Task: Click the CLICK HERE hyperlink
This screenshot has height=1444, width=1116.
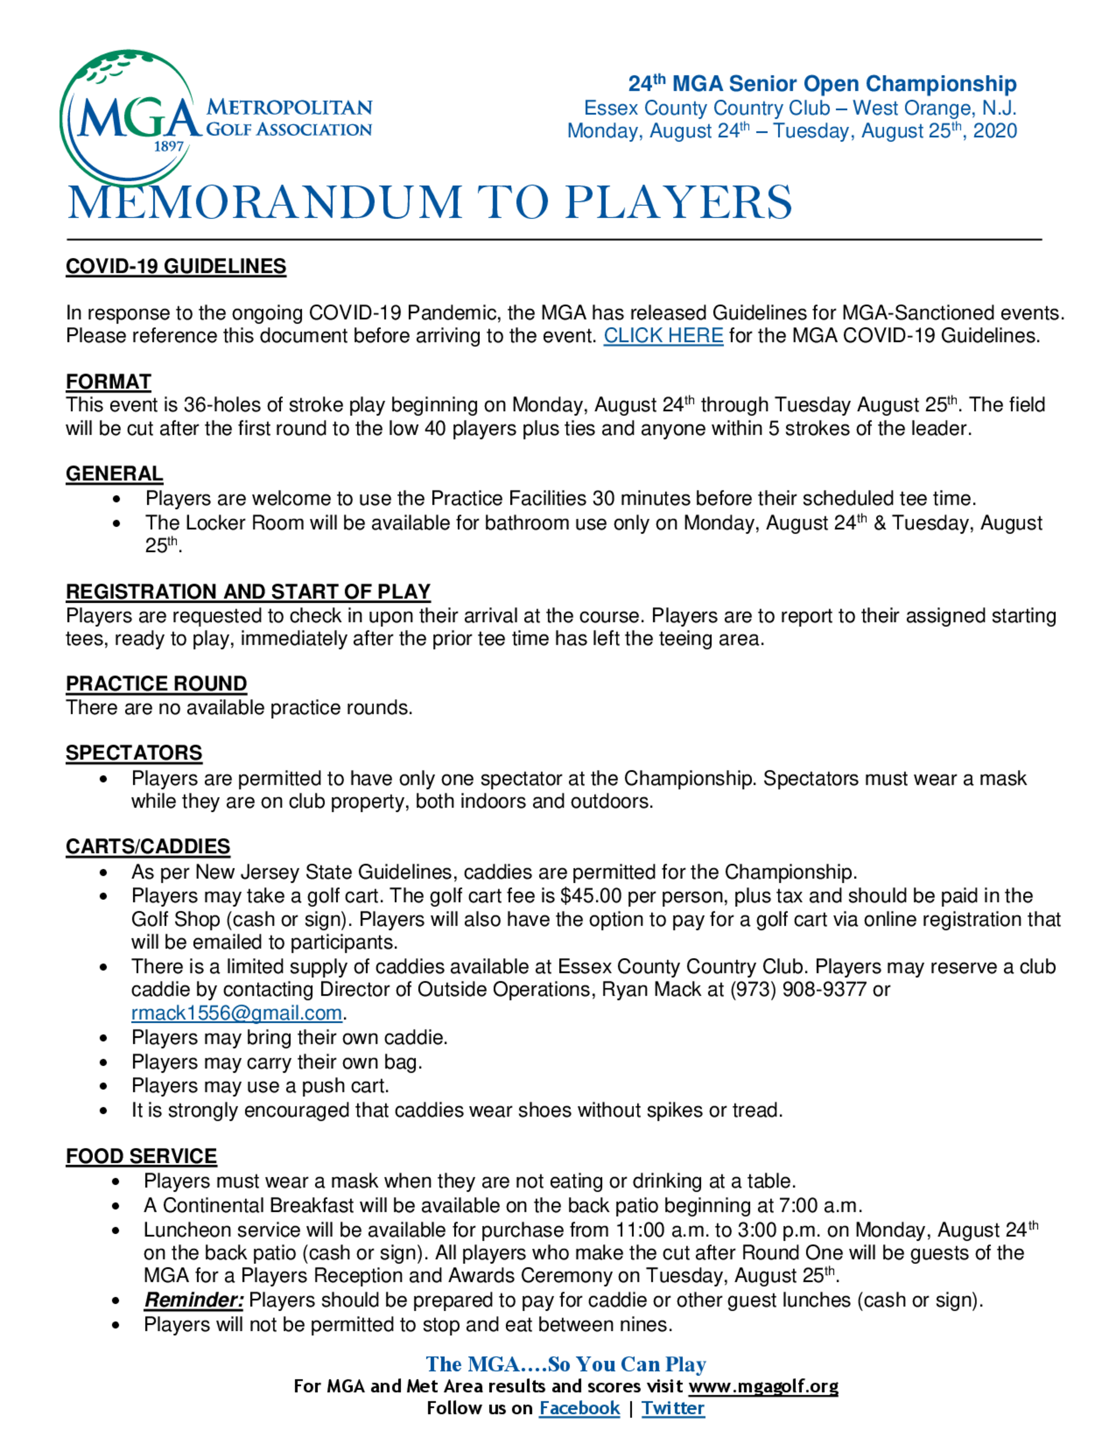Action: (x=662, y=336)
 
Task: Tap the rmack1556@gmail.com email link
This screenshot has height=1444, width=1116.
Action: (x=236, y=1013)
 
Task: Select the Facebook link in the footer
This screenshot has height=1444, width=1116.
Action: (x=579, y=1408)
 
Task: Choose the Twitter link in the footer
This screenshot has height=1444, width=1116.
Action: (x=672, y=1408)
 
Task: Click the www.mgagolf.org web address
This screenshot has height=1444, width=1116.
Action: (x=763, y=1386)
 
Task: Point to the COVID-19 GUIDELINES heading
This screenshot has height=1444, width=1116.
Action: (x=176, y=267)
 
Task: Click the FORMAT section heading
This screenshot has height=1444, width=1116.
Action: (x=108, y=382)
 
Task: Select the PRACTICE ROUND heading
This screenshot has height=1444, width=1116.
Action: (x=156, y=683)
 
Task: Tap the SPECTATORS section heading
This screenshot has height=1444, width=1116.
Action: (x=133, y=753)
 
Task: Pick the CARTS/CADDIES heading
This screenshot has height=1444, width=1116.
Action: (x=147, y=846)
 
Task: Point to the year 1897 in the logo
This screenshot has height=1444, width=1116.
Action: (x=169, y=147)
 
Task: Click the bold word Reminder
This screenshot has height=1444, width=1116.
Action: (x=194, y=1300)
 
